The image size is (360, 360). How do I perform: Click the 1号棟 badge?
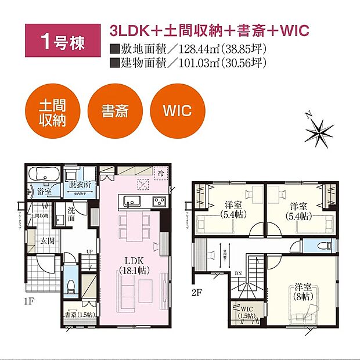tap(56, 42)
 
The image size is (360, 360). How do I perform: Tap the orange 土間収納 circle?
tap(52, 111)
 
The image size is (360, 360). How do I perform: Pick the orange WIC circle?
tap(178, 111)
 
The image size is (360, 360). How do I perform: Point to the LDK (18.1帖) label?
tap(136, 265)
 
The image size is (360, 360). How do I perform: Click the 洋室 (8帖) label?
tap(302, 290)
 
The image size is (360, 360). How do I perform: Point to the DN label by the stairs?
tap(239, 273)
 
